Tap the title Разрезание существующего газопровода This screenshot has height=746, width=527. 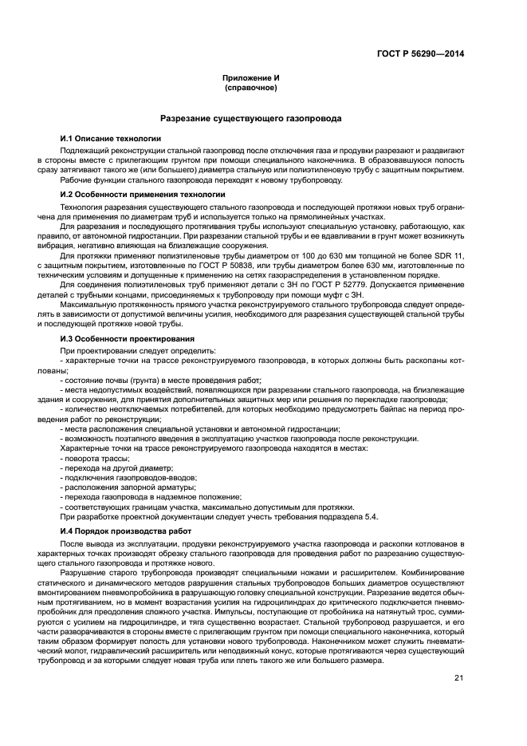[x=251, y=118]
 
